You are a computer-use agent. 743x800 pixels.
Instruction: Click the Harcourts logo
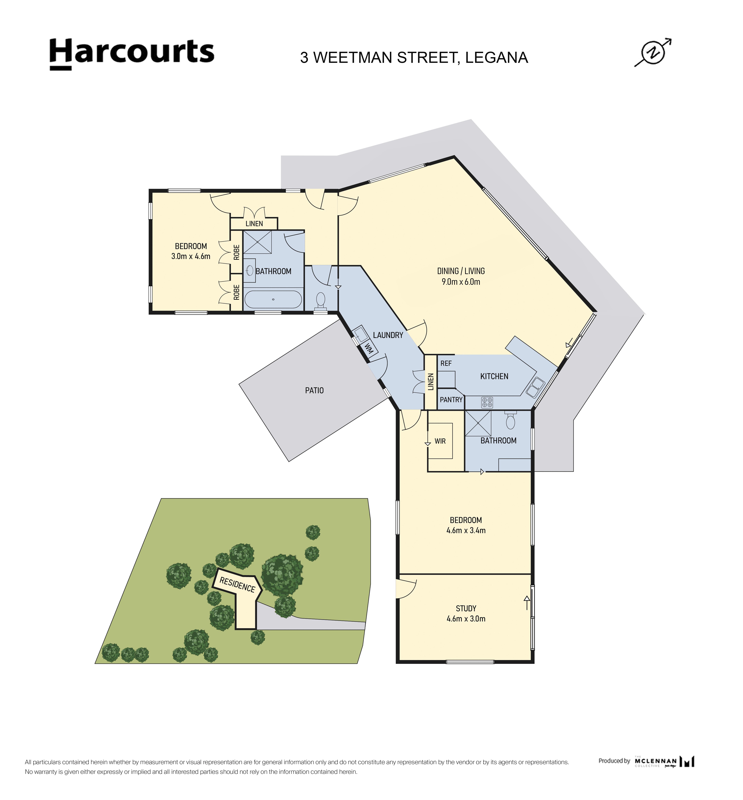tap(132, 54)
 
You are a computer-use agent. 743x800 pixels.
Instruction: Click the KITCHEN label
tap(494, 377)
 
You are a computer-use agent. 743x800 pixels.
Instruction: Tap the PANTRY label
tap(451, 400)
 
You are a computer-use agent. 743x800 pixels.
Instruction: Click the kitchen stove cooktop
tap(487, 402)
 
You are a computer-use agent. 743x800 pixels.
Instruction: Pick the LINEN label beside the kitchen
tap(431, 382)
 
